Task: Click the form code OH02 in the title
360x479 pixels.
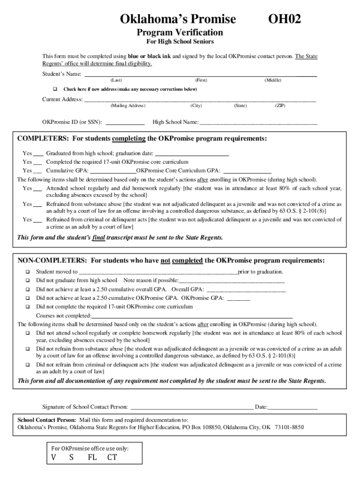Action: tap(285, 19)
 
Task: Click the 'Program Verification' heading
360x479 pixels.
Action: tap(180, 32)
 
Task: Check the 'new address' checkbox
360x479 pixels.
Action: tap(55, 89)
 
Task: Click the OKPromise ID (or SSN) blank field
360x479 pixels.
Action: tap(125, 123)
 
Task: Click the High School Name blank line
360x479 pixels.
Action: tap(258, 123)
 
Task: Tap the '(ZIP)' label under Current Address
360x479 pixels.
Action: tap(280, 106)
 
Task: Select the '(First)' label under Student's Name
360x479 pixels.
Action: tap(202, 80)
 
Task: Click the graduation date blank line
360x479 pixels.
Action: tap(192, 153)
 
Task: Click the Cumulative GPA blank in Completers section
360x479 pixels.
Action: tap(113, 171)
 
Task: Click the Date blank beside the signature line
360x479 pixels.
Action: tap(293, 407)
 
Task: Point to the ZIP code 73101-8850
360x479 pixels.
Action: tap(289, 427)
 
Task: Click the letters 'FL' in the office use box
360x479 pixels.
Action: tap(92, 457)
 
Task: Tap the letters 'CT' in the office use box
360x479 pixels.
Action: tap(112, 457)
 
